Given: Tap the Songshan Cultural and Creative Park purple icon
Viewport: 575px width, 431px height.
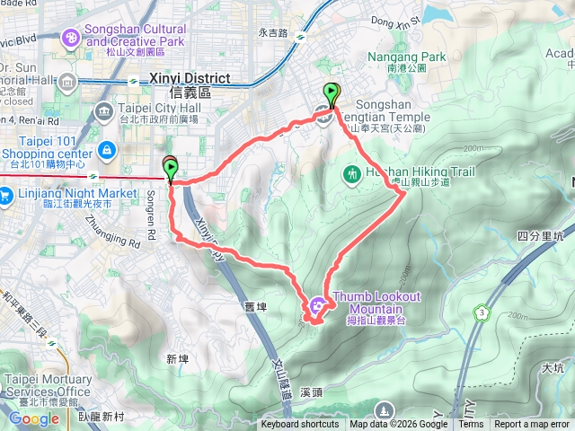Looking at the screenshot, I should pos(70,38).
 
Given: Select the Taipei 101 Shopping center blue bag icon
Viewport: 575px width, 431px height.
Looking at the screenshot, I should pos(107,150).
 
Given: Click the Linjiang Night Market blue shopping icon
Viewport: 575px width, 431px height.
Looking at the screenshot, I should pos(6,195).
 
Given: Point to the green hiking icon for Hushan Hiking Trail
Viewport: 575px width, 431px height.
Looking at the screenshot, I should pos(352,172).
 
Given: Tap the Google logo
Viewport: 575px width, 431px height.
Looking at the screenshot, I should pos(33,418).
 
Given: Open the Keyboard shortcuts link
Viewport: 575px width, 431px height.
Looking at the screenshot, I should pos(300,425).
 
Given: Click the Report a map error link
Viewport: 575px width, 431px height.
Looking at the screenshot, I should pos(531,425).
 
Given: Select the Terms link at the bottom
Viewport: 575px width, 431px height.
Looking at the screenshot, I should pos(471,425).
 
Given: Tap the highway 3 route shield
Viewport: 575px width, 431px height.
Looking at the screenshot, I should pos(482,313).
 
